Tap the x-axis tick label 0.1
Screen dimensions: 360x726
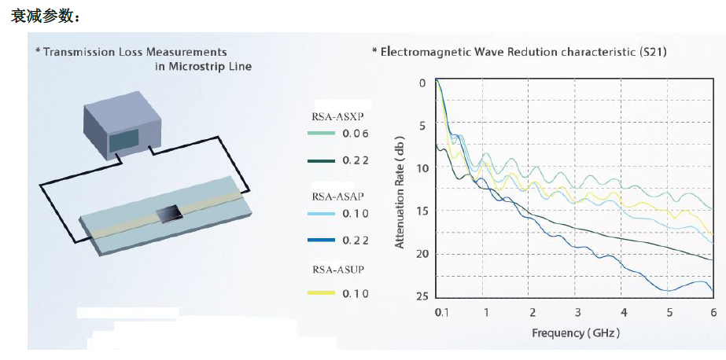tap(441, 313)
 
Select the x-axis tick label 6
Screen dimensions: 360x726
tap(713, 313)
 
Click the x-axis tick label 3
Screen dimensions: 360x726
tap(577, 313)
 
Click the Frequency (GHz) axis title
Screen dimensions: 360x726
tap(577, 332)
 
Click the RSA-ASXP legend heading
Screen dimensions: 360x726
tap(337, 116)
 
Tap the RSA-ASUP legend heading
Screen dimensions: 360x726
tap(337, 270)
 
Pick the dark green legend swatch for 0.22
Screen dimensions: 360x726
tap(321, 160)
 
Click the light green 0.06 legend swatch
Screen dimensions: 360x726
tap(321, 134)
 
